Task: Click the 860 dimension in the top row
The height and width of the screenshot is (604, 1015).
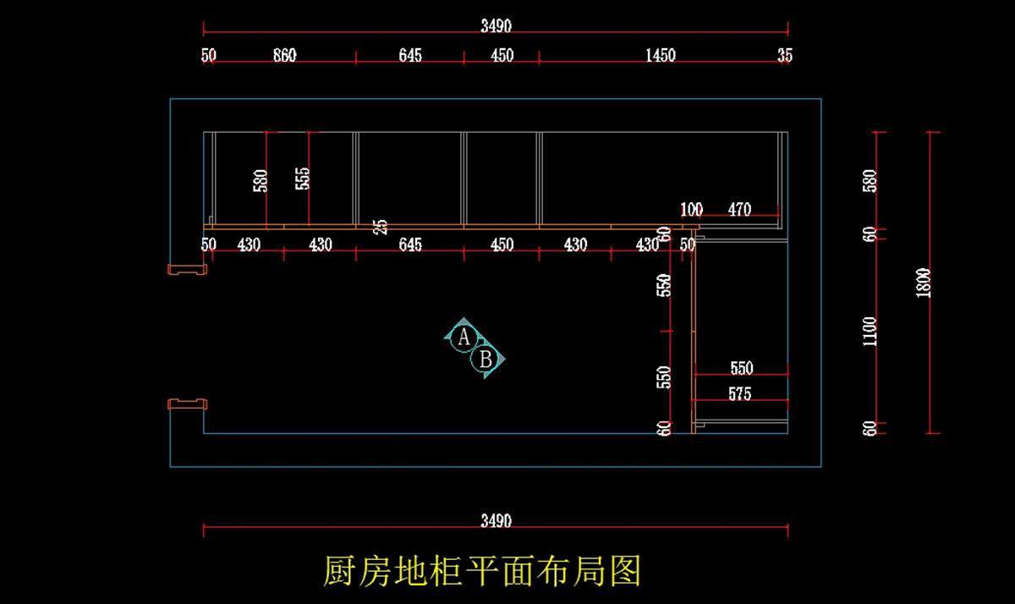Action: pyautogui.click(x=285, y=56)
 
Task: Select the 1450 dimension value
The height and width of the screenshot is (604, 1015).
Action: pyautogui.click(x=661, y=56)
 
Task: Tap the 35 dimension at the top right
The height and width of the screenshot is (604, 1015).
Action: pyautogui.click(x=785, y=56)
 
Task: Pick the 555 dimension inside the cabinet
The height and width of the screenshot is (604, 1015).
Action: pyautogui.click(x=303, y=178)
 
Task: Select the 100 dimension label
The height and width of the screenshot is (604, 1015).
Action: pyautogui.click(x=691, y=210)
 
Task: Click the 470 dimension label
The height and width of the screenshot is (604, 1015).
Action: pyautogui.click(x=739, y=210)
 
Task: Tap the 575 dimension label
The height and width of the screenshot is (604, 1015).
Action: pyautogui.click(x=739, y=394)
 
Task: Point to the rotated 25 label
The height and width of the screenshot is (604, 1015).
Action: pyautogui.click(x=381, y=227)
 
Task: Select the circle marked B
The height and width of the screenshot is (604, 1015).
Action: pyautogui.click(x=486, y=360)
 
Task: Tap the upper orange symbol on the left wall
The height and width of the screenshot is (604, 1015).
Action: pyautogui.click(x=188, y=270)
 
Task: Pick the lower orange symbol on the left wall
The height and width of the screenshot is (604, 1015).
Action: pyautogui.click(x=188, y=404)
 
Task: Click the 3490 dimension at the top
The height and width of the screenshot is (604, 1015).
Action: pyautogui.click(x=496, y=26)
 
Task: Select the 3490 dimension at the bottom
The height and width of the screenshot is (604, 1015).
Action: pyautogui.click(x=496, y=521)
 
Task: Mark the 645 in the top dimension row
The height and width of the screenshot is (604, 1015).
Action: pyautogui.click(x=410, y=56)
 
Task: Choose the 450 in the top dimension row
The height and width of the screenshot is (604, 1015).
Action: pyautogui.click(x=502, y=56)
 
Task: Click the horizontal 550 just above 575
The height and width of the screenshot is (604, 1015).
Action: pyautogui.click(x=741, y=369)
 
